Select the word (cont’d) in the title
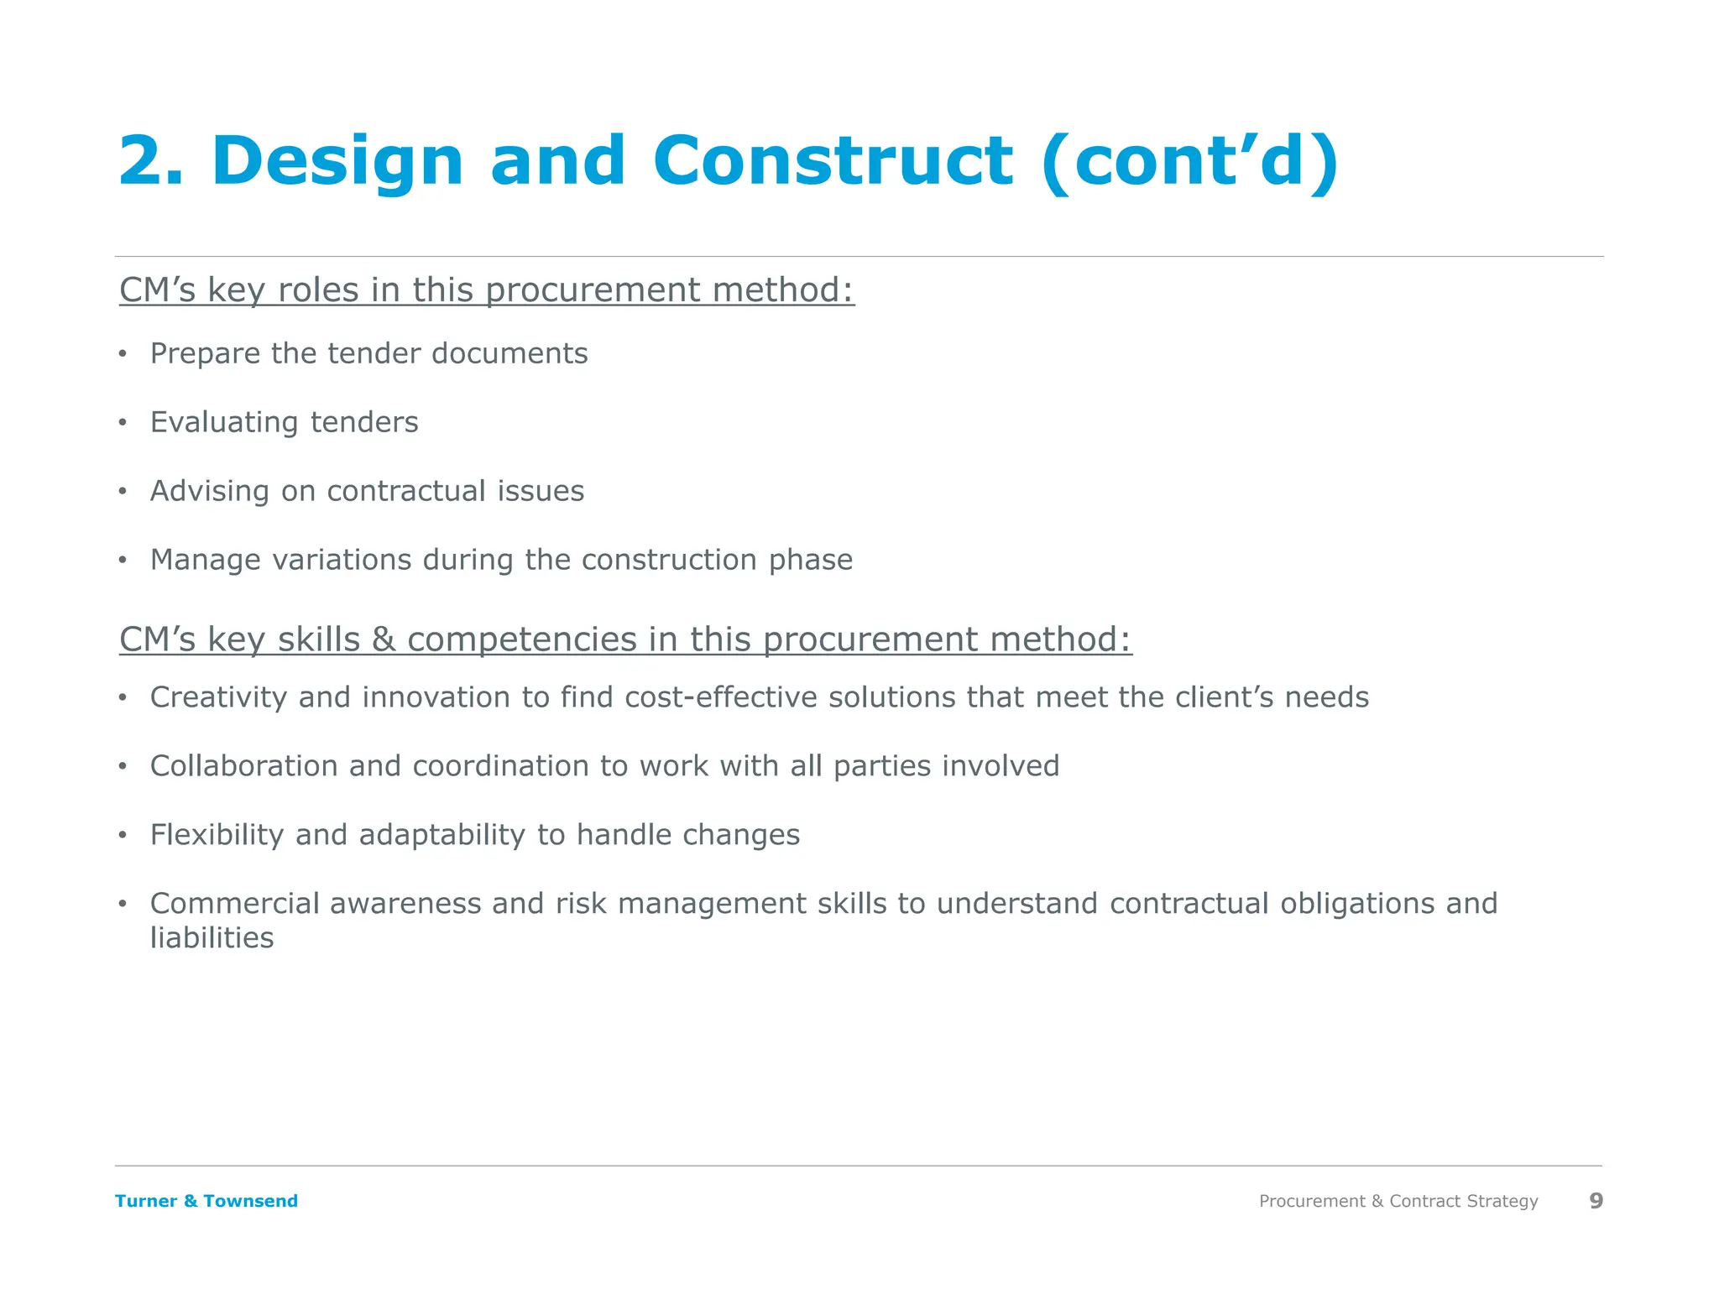[x=1189, y=162]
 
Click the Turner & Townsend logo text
[x=206, y=1201]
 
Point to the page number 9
[x=1596, y=1201]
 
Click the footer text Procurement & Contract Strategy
[x=1398, y=1201]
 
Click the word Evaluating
[x=224, y=423]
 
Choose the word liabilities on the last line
[x=212, y=938]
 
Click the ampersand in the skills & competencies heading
[x=384, y=639]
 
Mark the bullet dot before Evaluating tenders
[x=123, y=422]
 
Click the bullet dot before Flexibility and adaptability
[x=123, y=835]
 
